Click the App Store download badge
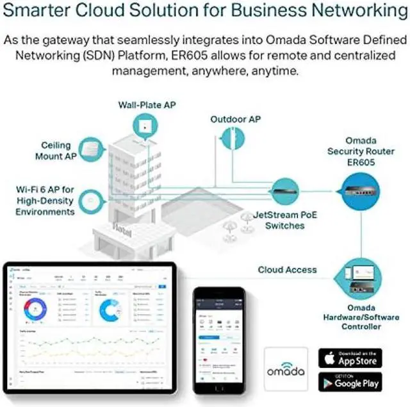coord(350,358)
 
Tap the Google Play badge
coord(350,383)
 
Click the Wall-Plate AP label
coord(147,105)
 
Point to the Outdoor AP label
coord(236,119)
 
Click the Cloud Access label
coord(286,270)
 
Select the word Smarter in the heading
coord(39,12)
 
